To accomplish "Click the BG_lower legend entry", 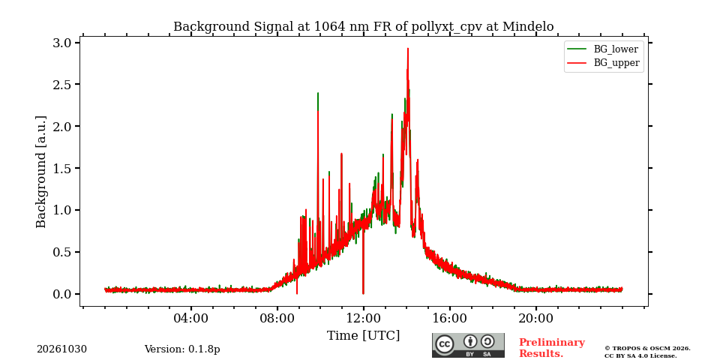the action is [x=603, y=49].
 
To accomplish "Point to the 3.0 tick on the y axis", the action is [x=63, y=43].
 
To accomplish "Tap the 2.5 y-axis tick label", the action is [x=63, y=85].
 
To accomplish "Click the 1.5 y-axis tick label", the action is [x=63, y=169].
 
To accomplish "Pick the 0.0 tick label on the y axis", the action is [x=63, y=294].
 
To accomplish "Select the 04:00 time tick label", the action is [x=191, y=318].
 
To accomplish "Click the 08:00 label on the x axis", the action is [x=277, y=318].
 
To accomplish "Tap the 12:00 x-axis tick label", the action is [x=363, y=318].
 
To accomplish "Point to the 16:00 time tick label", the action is [x=449, y=318].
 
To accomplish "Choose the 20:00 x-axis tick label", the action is [x=535, y=318].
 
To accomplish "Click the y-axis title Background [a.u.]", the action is [x=41, y=172].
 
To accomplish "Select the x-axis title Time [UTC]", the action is [x=363, y=336].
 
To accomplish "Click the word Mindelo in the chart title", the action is [x=528, y=27].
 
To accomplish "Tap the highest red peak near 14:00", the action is [x=408, y=49].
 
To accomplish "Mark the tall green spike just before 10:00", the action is [x=318, y=93].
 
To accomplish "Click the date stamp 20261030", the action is [x=61, y=349].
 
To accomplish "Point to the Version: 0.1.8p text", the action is [x=182, y=349].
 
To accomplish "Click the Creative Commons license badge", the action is [x=468, y=345].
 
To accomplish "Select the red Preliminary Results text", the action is [x=552, y=348].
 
